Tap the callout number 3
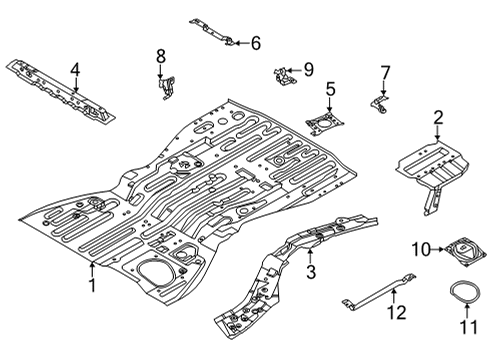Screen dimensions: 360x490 [x=310, y=271]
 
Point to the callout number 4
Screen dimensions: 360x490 [x=75, y=70]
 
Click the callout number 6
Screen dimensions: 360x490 [x=255, y=43]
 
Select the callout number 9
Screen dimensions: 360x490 [x=308, y=70]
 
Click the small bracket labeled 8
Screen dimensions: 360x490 [x=160, y=88]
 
